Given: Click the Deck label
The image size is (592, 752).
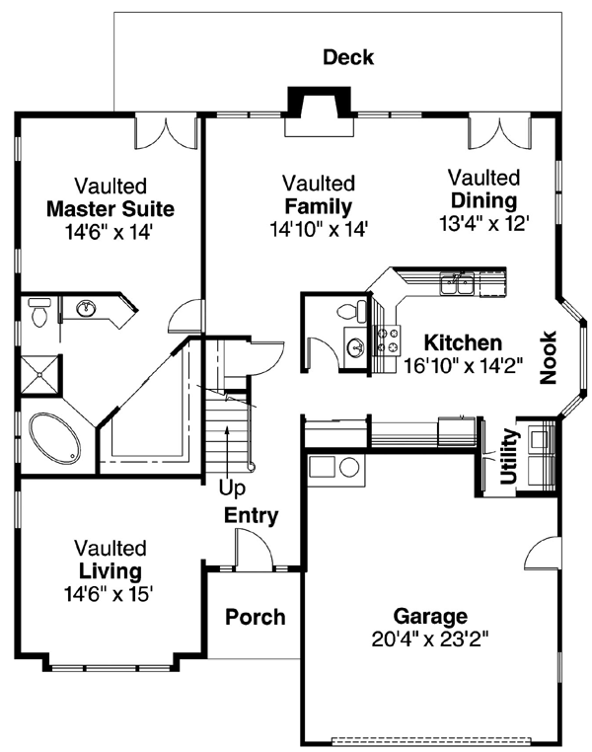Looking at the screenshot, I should (x=348, y=57).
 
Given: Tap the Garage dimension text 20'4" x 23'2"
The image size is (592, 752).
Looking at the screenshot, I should (x=429, y=639).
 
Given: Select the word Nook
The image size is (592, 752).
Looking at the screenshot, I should (x=549, y=357).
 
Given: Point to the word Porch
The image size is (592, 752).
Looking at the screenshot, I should (x=255, y=618).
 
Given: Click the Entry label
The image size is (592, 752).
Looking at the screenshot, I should (x=251, y=515).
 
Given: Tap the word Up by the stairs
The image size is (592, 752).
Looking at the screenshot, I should (x=233, y=488).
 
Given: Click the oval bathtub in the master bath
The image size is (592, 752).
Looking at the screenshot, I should (x=56, y=437).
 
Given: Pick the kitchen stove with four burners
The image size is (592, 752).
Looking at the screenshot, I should (x=388, y=340).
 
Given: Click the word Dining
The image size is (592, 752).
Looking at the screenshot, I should (x=484, y=201).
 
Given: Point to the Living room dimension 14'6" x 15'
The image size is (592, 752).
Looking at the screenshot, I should (x=110, y=594).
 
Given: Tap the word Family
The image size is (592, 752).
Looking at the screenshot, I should (x=318, y=206).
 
